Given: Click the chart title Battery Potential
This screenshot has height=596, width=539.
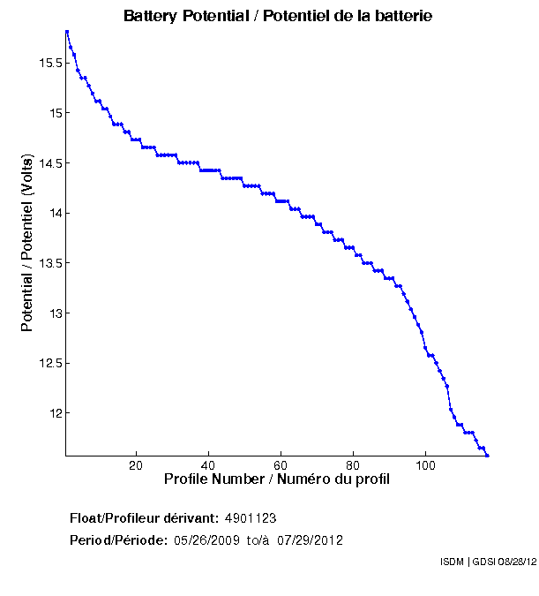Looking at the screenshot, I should click(278, 17).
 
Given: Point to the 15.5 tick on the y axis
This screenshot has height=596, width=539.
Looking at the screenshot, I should click(48, 63).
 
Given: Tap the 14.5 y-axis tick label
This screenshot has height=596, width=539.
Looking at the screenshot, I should click(48, 163).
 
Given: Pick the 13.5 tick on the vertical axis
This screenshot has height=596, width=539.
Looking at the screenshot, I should click(48, 263).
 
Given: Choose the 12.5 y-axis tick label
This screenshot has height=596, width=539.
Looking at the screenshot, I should click(48, 363).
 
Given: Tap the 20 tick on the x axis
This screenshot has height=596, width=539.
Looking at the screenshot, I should click(136, 465).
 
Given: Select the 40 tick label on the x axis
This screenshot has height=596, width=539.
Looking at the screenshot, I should click(208, 465).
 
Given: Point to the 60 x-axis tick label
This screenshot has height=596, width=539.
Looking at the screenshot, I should click(281, 465).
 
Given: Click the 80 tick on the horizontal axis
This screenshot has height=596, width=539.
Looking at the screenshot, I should click(353, 465).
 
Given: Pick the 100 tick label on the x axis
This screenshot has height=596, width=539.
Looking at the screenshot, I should click(425, 465).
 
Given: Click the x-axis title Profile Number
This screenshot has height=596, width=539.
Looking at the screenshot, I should click(277, 479).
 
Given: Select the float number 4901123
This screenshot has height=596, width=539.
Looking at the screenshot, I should click(251, 517).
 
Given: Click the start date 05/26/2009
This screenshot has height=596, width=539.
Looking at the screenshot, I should click(205, 540).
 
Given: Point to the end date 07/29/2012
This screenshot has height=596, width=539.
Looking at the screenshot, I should click(310, 540).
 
